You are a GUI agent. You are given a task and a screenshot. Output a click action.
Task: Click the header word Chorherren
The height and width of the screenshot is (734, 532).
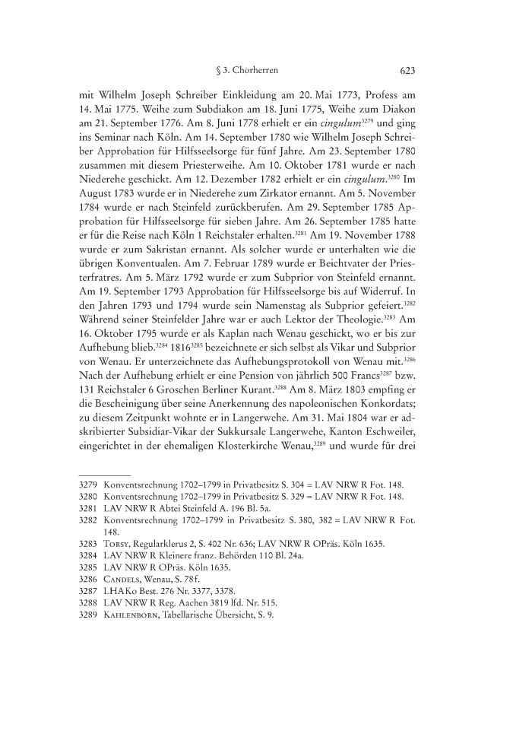255,72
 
